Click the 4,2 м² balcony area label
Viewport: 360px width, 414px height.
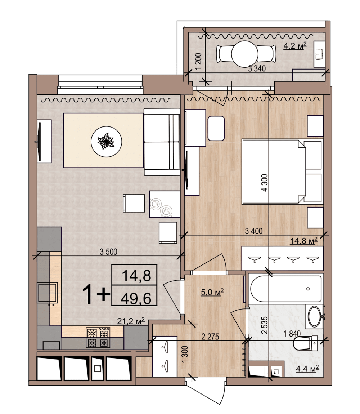(x=295, y=46)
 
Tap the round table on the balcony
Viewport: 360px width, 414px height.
(x=244, y=54)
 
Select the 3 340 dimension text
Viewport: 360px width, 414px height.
(x=257, y=69)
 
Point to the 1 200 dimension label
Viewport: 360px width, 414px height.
(x=199, y=61)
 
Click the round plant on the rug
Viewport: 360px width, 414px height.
(x=106, y=141)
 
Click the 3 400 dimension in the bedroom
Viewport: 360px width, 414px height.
(x=254, y=231)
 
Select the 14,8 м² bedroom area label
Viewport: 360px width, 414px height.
(x=304, y=241)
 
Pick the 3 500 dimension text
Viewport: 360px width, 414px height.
(x=108, y=251)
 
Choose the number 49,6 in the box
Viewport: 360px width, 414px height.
(x=136, y=299)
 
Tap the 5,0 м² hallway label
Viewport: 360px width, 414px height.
(x=212, y=292)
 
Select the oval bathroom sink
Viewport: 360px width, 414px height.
(x=315, y=316)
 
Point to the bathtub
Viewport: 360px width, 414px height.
(x=286, y=289)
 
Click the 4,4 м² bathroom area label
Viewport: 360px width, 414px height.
(x=307, y=368)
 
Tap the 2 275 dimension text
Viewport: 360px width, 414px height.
(x=210, y=337)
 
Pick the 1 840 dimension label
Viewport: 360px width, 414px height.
(x=292, y=334)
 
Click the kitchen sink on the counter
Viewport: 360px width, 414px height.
(x=48, y=293)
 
